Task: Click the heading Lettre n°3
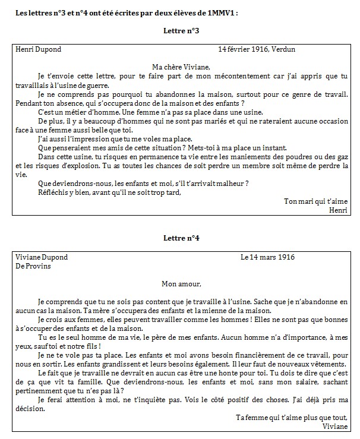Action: pos(181,30)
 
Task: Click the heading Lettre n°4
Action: pos(181,238)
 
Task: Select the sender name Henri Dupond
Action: pos(38,49)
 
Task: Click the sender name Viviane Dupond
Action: pos(41,257)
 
